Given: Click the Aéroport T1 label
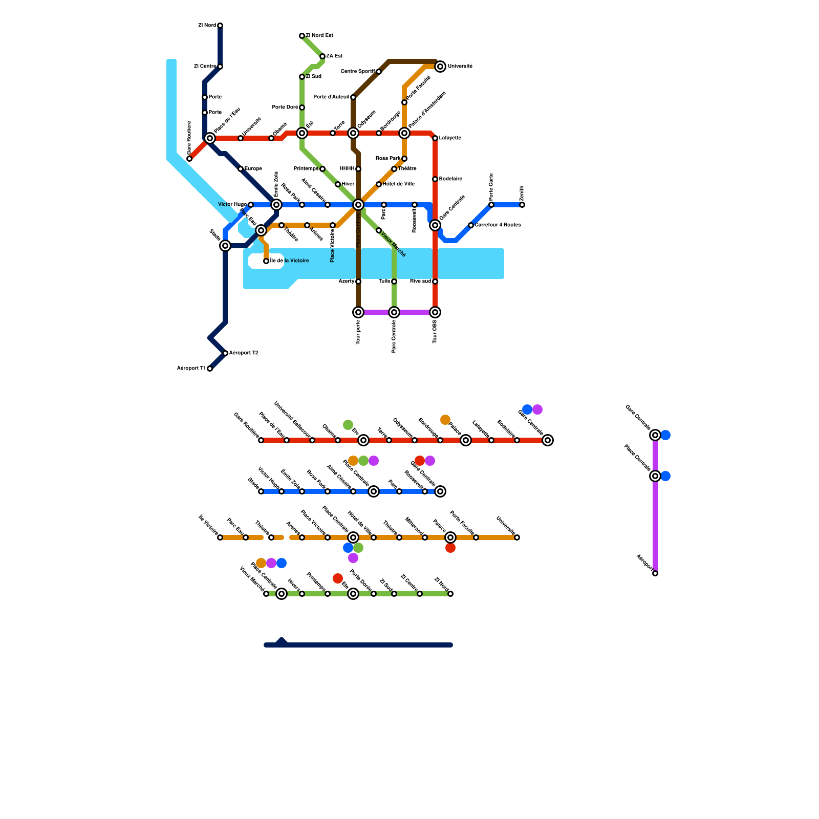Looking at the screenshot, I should (191, 369).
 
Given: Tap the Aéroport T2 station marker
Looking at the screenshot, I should (225, 353).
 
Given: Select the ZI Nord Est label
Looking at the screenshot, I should (319, 36).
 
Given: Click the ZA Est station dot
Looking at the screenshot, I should (322, 56).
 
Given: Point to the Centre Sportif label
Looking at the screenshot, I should (358, 72).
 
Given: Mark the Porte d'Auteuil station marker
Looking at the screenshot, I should (353, 97).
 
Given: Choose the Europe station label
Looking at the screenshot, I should (253, 169).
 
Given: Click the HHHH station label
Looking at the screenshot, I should (347, 169).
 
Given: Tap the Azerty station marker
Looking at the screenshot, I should (358, 282).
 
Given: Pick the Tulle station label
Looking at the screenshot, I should (384, 282).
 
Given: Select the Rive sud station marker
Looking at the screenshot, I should (435, 282).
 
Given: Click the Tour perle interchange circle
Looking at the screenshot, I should (358, 312).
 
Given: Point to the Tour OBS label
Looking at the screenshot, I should (435, 332).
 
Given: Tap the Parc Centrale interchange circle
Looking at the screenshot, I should (394, 312).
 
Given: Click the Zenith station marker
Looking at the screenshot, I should (522, 205).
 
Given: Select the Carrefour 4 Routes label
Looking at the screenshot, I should (498, 225).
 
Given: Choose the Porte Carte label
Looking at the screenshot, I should (491, 187).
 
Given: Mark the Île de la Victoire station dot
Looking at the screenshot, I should (266, 261).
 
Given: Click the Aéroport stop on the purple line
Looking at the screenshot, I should (655, 573).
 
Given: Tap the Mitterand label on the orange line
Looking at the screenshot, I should (414, 526).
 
